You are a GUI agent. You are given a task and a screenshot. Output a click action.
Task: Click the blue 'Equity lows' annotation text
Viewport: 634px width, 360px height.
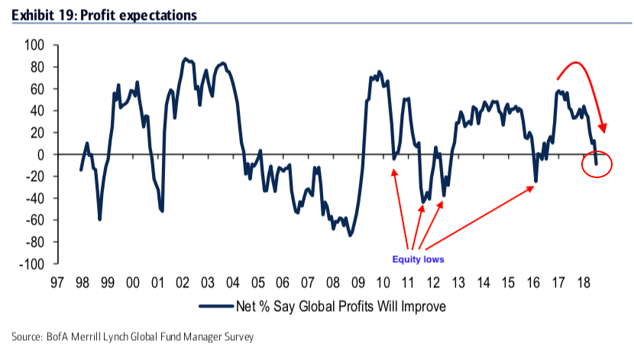point(419,259)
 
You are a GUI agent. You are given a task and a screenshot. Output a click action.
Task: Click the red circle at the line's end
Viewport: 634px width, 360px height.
point(597,164)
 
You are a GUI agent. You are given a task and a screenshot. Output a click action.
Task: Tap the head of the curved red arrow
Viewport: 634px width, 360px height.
point(603,130)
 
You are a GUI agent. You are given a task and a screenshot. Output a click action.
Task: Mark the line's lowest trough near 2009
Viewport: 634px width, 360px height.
point(351,235)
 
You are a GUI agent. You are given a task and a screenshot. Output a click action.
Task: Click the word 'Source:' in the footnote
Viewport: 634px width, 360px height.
point(25,336)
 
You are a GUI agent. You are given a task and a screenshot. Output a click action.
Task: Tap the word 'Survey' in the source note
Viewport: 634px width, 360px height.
point(238,336)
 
